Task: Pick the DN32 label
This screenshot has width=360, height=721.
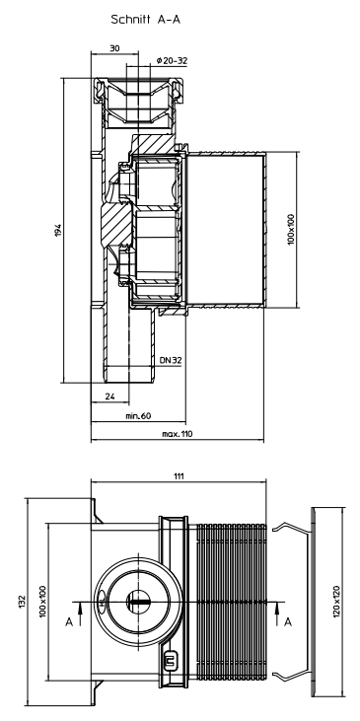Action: (171, 362)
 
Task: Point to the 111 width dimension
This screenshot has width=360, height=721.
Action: (179, 476)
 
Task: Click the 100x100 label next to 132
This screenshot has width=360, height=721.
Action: (42, 600)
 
